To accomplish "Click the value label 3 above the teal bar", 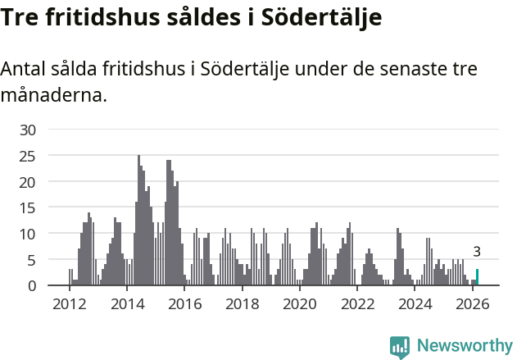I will pos(477,253).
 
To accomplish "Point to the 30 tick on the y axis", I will pos(28,130).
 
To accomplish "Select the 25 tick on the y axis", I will pos(28,156).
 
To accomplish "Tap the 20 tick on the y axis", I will pos(28,181).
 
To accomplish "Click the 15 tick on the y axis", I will pos(28,207).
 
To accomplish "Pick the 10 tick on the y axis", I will pos(28,234).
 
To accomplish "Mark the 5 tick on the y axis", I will pos(32,260).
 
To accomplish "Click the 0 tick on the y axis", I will pos(32,285).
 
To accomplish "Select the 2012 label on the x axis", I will pos(69,304).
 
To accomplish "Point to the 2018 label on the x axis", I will pos(242,304).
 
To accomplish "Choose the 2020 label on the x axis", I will pos(300,304).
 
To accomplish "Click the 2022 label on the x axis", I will pos(357,304).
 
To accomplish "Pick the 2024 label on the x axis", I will pos(415,304).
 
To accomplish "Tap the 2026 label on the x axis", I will pos(473,304).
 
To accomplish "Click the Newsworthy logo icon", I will pos(400,347).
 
